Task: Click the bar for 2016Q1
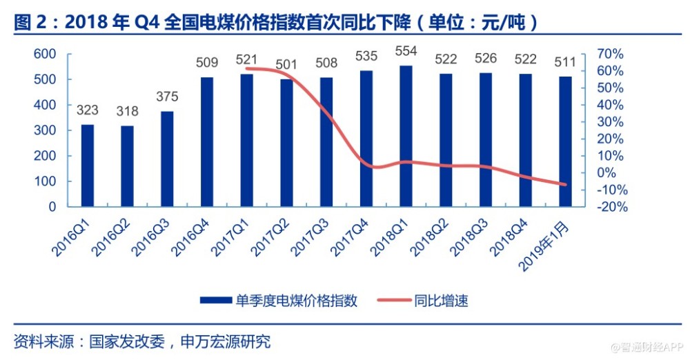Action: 88,166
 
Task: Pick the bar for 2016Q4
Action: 207,141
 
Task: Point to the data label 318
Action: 127,112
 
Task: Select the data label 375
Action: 167,97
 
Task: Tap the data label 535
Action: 366,56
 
